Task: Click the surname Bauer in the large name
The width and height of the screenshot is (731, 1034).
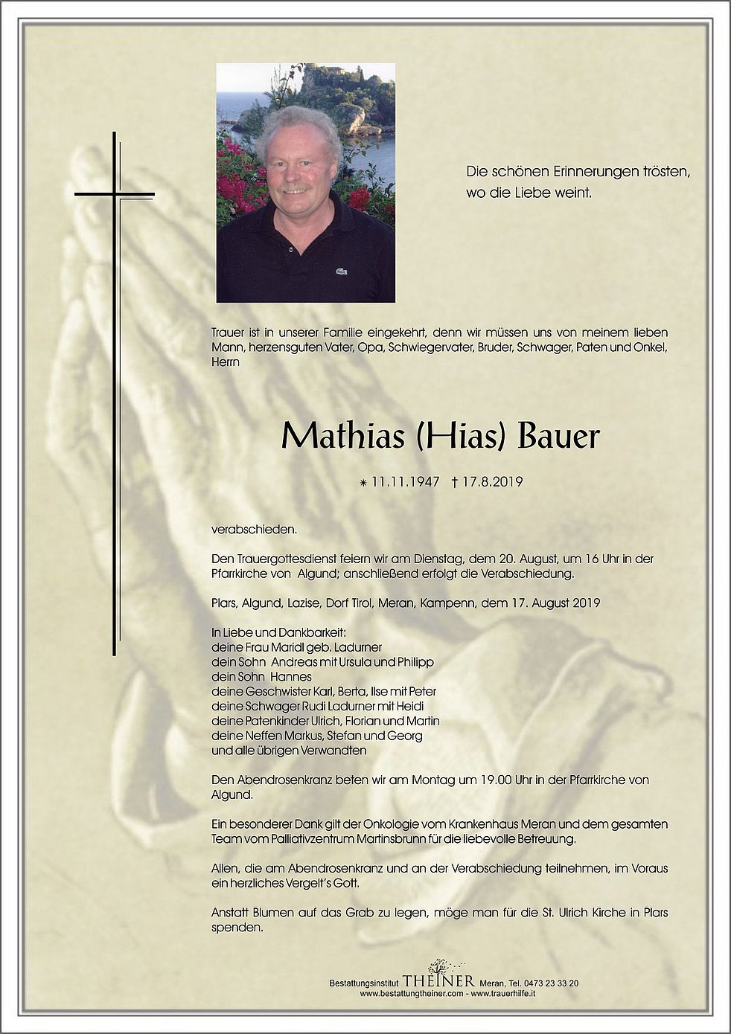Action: coord(558,437)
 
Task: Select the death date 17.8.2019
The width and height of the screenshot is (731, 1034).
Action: coord(492,482)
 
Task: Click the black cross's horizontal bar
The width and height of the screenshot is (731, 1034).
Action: coord(114,196)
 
